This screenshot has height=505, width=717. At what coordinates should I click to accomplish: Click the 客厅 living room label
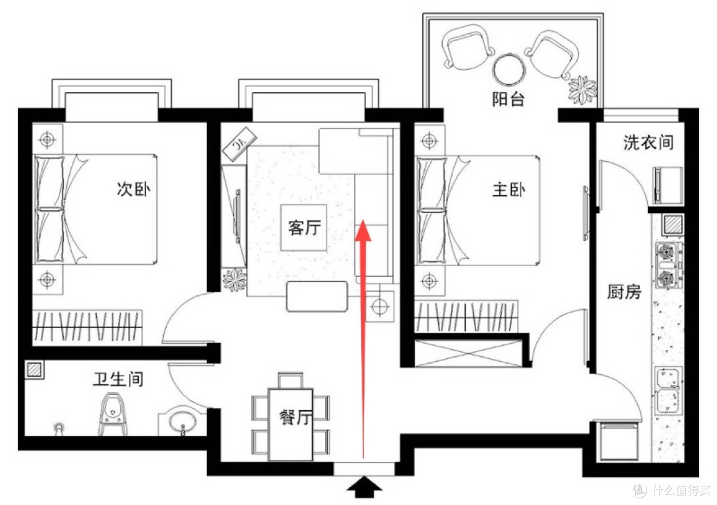(304, 227)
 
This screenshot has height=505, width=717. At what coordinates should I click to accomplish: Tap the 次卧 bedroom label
(133, 188)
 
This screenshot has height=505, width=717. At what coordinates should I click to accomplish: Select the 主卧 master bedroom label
(509, 188)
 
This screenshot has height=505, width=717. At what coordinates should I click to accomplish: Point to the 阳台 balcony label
(508, 99)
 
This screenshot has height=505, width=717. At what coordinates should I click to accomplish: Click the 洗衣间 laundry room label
(649, 143)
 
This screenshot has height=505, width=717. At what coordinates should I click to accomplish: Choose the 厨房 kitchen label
(624, 291)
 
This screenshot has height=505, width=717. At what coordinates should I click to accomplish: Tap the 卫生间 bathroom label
(118, 379)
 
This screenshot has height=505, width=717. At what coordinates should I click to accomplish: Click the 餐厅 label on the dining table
(295, 416)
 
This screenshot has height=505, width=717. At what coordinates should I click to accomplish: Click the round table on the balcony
(509, 70)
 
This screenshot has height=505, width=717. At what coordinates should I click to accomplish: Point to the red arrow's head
(364, 230)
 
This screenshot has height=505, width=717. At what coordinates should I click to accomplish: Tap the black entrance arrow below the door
(364, 486)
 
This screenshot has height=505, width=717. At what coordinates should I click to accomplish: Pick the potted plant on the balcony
(582, 90)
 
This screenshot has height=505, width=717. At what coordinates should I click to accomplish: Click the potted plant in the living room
(234, 279)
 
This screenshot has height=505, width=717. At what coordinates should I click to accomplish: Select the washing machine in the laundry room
(669, 185)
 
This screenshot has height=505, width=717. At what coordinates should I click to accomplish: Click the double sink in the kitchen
(669, 391)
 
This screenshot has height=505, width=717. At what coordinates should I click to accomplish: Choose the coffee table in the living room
(317, 297)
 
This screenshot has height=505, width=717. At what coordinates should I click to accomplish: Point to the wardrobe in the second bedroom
(87, 327)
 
